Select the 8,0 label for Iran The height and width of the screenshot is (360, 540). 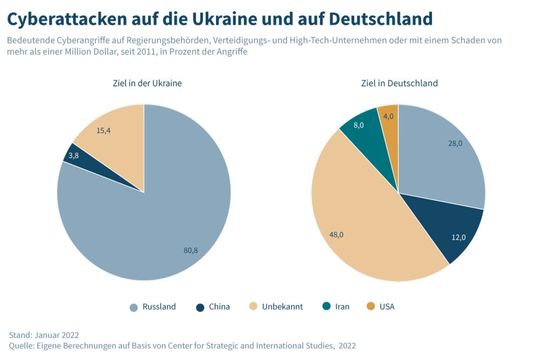point(358,125)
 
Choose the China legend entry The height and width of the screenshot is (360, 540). point(219,306)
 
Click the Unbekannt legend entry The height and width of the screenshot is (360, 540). point(281,306)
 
